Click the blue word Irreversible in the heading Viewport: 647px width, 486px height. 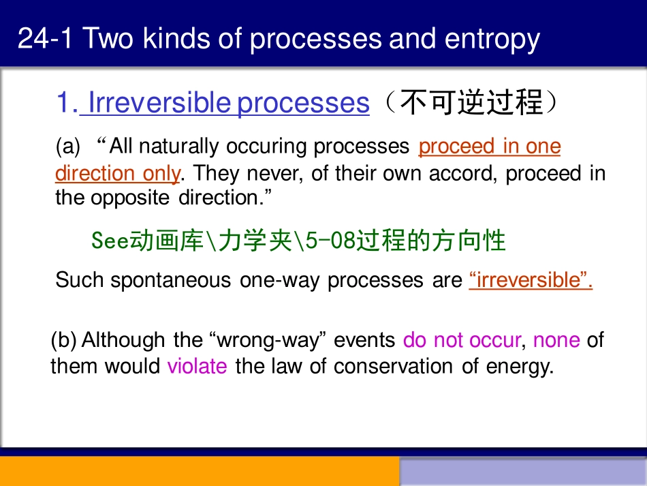[x=160, y=103]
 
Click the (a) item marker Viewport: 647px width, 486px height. [x=67, y=147]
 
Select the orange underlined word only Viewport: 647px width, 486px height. [x=161, y=173]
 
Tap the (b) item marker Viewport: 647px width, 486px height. [x=63, y=339]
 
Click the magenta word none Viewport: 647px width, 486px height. [x=556, y=339]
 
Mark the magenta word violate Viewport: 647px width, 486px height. [x=197, y=366]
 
